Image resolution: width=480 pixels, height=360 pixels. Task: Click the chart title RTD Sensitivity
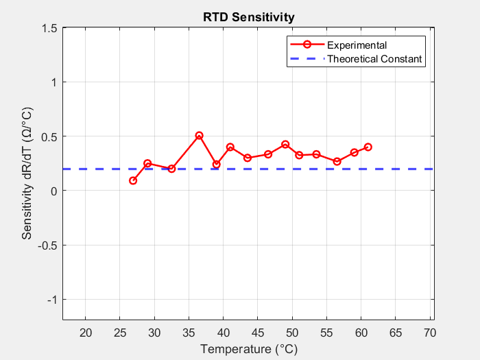point(248,17)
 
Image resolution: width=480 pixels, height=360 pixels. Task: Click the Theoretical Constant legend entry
point(374,59)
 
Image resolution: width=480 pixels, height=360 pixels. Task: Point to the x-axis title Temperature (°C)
point(248,349)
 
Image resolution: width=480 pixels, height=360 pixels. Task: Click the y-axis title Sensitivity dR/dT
point(27,173)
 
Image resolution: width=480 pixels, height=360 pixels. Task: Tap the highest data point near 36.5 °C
point(199,136)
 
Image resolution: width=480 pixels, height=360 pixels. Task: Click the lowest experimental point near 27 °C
point(133,180)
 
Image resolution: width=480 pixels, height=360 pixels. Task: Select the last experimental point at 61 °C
point(368,147)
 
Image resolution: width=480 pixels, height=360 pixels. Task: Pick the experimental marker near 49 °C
point(285,145)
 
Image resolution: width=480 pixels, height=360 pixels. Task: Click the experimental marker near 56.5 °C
point(337,161)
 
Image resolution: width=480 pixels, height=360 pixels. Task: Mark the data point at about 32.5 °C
point(171,169)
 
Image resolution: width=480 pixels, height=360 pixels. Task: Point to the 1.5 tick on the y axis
point(49,28)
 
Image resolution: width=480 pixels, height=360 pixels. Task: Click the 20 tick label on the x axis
point(85,333)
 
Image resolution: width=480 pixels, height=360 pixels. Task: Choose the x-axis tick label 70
point(431,333)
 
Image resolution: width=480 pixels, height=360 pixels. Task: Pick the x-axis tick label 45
point(258,333)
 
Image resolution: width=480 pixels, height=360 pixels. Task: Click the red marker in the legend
point(307,45)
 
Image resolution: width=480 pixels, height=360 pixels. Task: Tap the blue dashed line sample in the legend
point(307,59)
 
